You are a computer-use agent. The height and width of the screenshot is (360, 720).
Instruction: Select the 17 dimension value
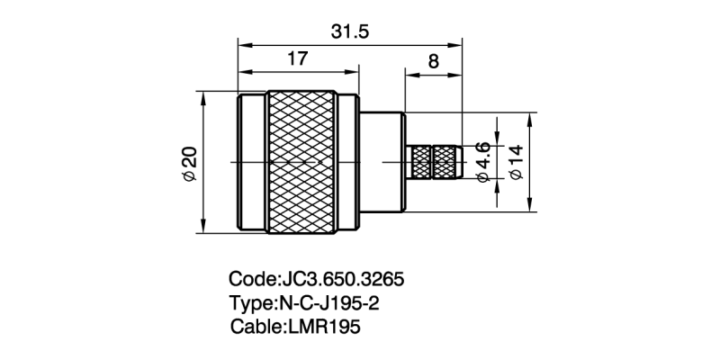coord(298,58)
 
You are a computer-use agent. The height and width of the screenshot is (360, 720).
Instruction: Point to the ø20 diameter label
coord(190,163)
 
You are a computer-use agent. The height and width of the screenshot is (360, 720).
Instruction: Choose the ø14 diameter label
coord(517,162)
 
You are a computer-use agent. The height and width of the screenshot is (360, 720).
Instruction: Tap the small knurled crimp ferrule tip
coord(435,162)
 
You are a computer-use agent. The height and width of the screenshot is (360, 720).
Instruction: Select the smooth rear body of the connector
coord(382,162)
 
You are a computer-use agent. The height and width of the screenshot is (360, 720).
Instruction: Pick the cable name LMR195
coord(325,327)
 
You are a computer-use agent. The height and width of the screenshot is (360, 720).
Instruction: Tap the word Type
coord(253,302)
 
